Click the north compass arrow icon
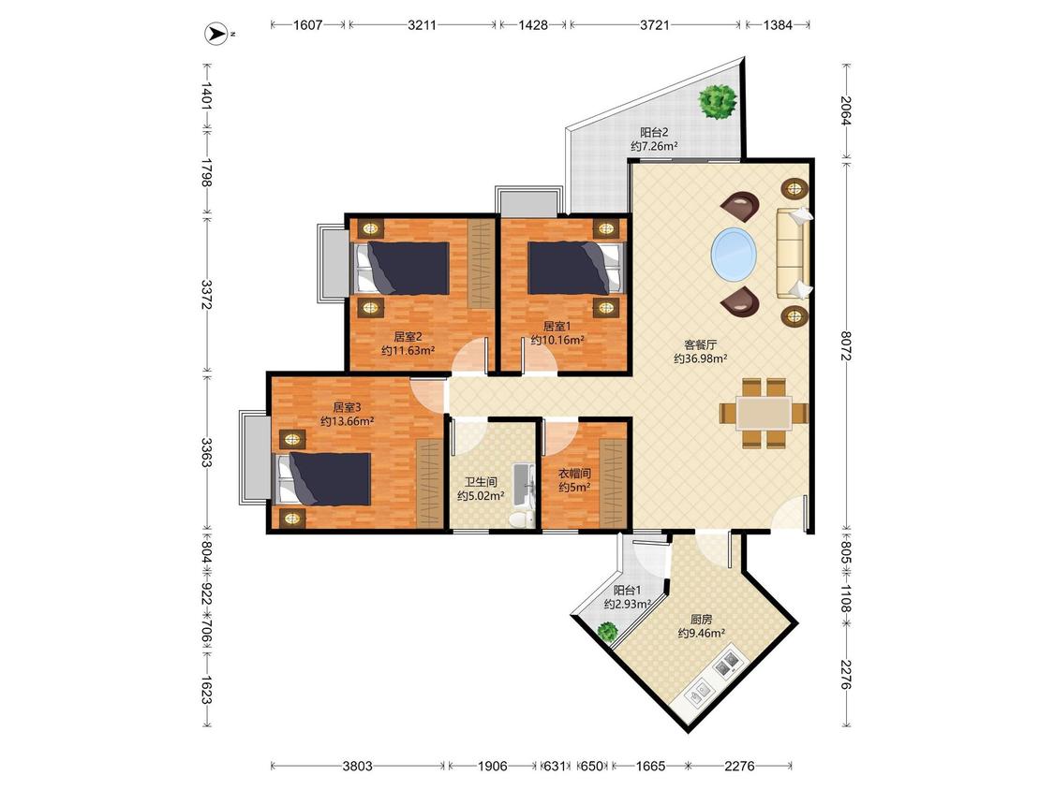pyautogui.click(x=216, y=34)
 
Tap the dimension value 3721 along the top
pyautogui.click(x=654, y=25)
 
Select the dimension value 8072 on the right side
pyautogui.click(x=846, y=345)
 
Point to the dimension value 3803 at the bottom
pyautogui.click(x=357, y=766)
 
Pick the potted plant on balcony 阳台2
pyautogui.click(x=718, y=101)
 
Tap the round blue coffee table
pyautogui.click(x=734, y=255)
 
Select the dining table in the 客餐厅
pyautogui.click(x=764, y=413)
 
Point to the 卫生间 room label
pyautogui.click(x=482, y=482)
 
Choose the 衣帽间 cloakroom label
pyautogui.click(x=574, y=473)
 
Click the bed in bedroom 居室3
pyautogui.click(x=323, y=478)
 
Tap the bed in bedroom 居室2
pyautogui.click(x=401, y=268)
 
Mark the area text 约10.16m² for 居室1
pyautogui.click(x=557, y=340)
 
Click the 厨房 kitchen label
pyautogui.click(x=701, y=620)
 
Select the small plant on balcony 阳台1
pyautogui.click(x=608, y=632)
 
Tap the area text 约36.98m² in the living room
pyautogui.click(x=701, y=358)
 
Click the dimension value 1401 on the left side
pyautogui.click(x=207, y=96)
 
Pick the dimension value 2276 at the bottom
pyautogui.click(x=739, y=766)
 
